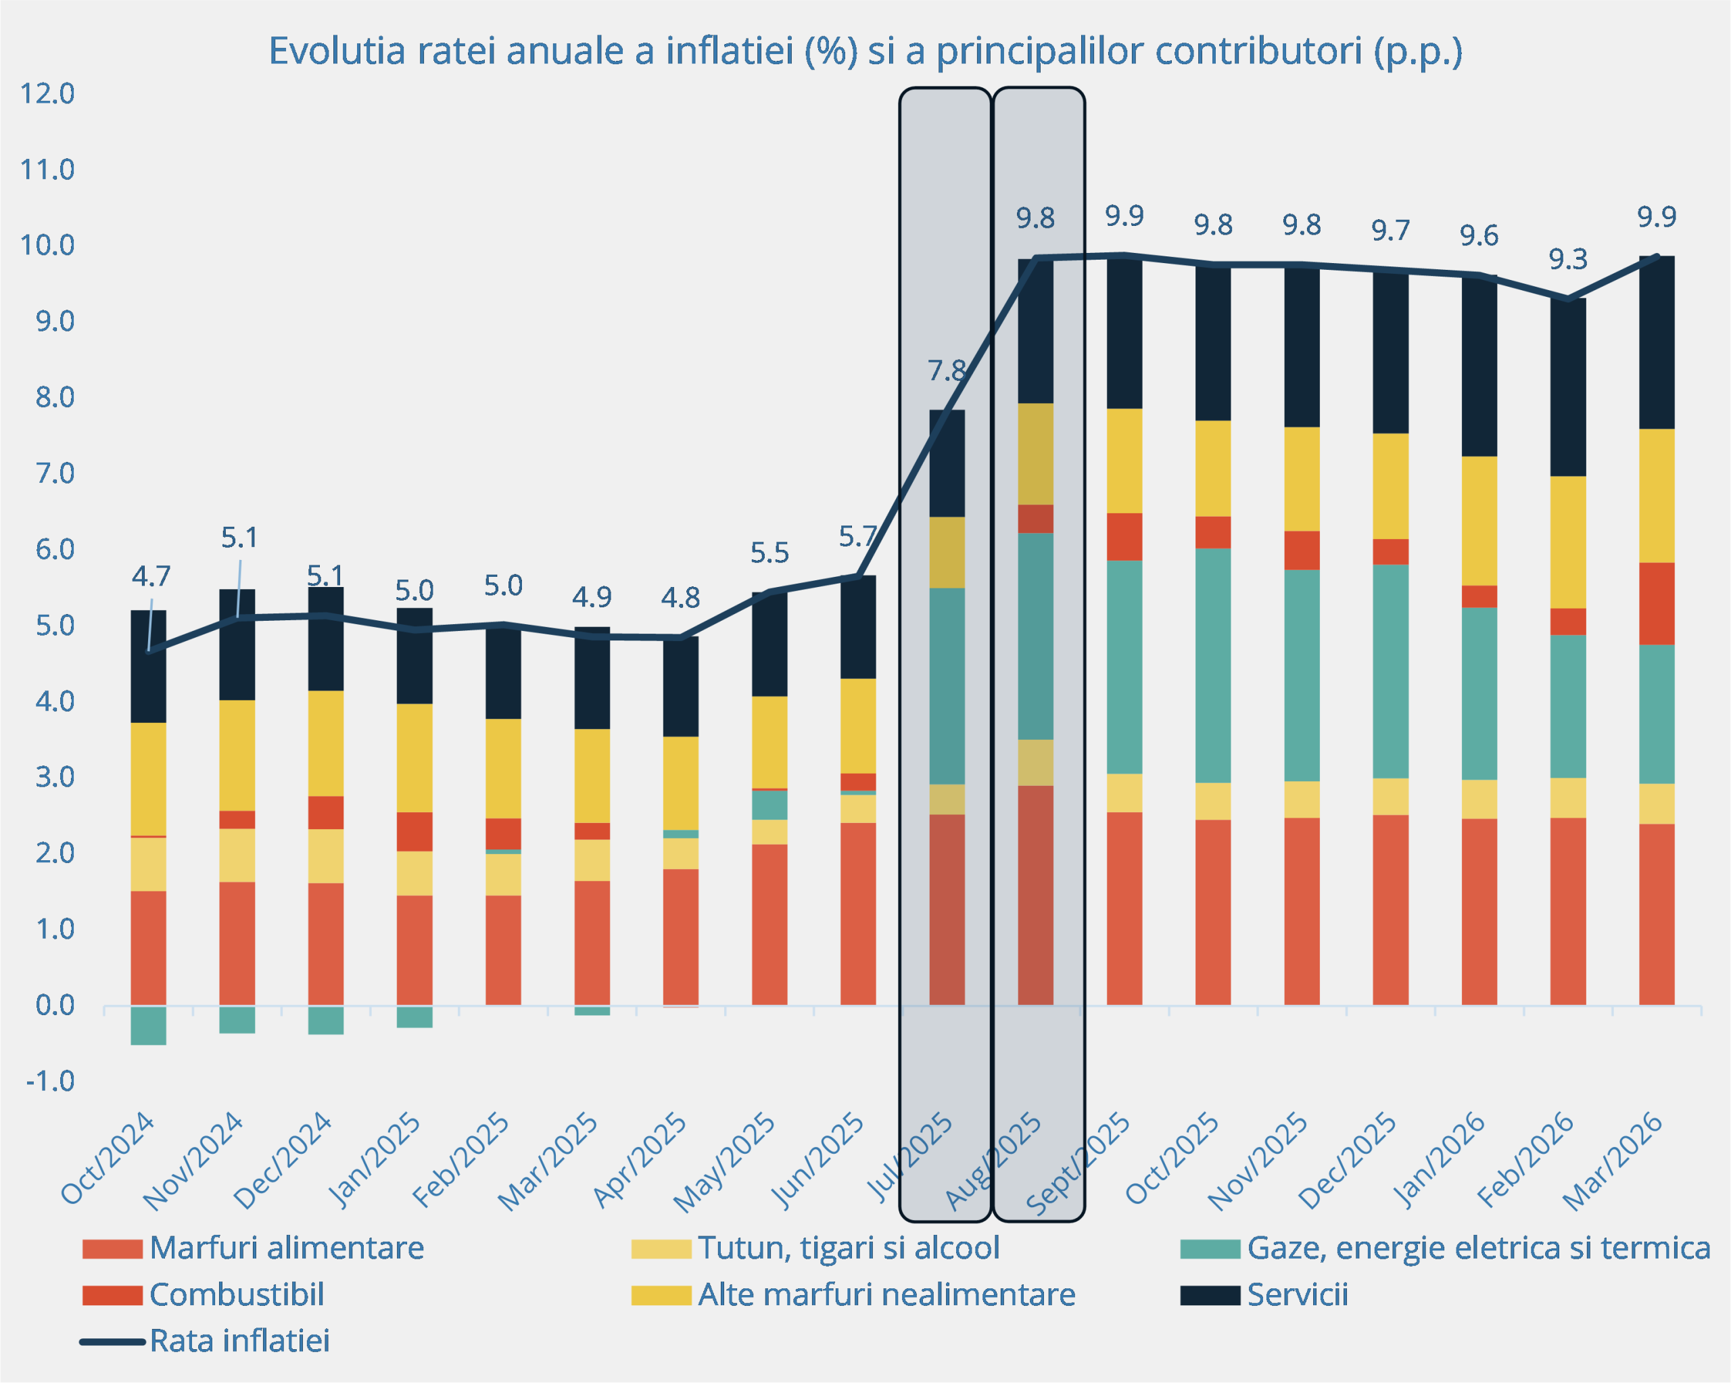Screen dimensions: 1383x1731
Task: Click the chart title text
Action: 865,51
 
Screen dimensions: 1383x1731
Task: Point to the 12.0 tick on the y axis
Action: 47,94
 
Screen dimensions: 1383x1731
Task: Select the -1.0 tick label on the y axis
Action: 50,1081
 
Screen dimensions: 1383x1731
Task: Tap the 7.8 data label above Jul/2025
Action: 947,371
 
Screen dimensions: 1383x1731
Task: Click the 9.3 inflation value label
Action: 1567,260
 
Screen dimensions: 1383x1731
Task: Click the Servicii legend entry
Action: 1296,1294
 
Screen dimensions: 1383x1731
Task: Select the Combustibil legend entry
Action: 236,1294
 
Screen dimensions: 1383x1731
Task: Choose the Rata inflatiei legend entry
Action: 239,1340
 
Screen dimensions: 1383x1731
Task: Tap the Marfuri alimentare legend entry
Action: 286,1248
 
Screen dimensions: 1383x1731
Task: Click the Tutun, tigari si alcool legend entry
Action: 848,1248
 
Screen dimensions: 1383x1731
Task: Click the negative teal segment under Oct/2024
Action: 149,1026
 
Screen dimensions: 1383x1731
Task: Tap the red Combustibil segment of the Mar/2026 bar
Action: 1657,604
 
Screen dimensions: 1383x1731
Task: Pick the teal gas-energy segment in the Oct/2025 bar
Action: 1212,665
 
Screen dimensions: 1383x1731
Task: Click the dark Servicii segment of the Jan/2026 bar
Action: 1479,367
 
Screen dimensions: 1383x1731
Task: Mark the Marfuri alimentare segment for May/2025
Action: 769,924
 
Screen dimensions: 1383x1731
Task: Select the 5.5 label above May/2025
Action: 769,553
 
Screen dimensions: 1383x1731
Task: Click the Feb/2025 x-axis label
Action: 461,1160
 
